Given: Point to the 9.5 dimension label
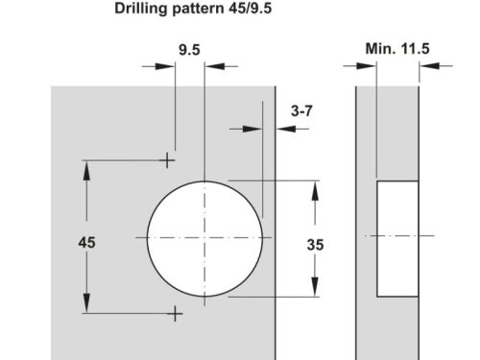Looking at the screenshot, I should coord(189,48).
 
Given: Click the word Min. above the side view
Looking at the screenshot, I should coord(381,48).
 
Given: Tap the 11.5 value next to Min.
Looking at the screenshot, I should coord(417,48).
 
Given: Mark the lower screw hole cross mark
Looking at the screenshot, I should coord(175,313).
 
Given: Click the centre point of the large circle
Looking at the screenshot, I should coord(204,236).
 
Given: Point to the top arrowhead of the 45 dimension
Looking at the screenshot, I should coord(87,166).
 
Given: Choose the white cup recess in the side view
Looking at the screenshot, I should coord(397,236).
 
